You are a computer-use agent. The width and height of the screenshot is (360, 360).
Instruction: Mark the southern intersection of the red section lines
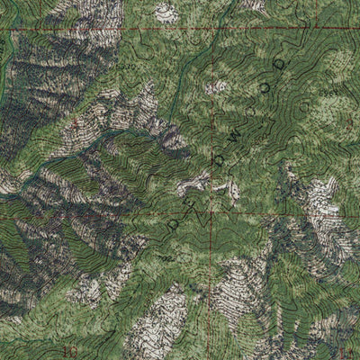click(213, 216)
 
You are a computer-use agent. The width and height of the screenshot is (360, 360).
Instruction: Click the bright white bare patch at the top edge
click(166, 12)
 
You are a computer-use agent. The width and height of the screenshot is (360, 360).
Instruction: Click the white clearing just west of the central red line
click(192, 185)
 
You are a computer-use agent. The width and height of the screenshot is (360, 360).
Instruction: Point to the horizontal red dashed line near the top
click(108, 30)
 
